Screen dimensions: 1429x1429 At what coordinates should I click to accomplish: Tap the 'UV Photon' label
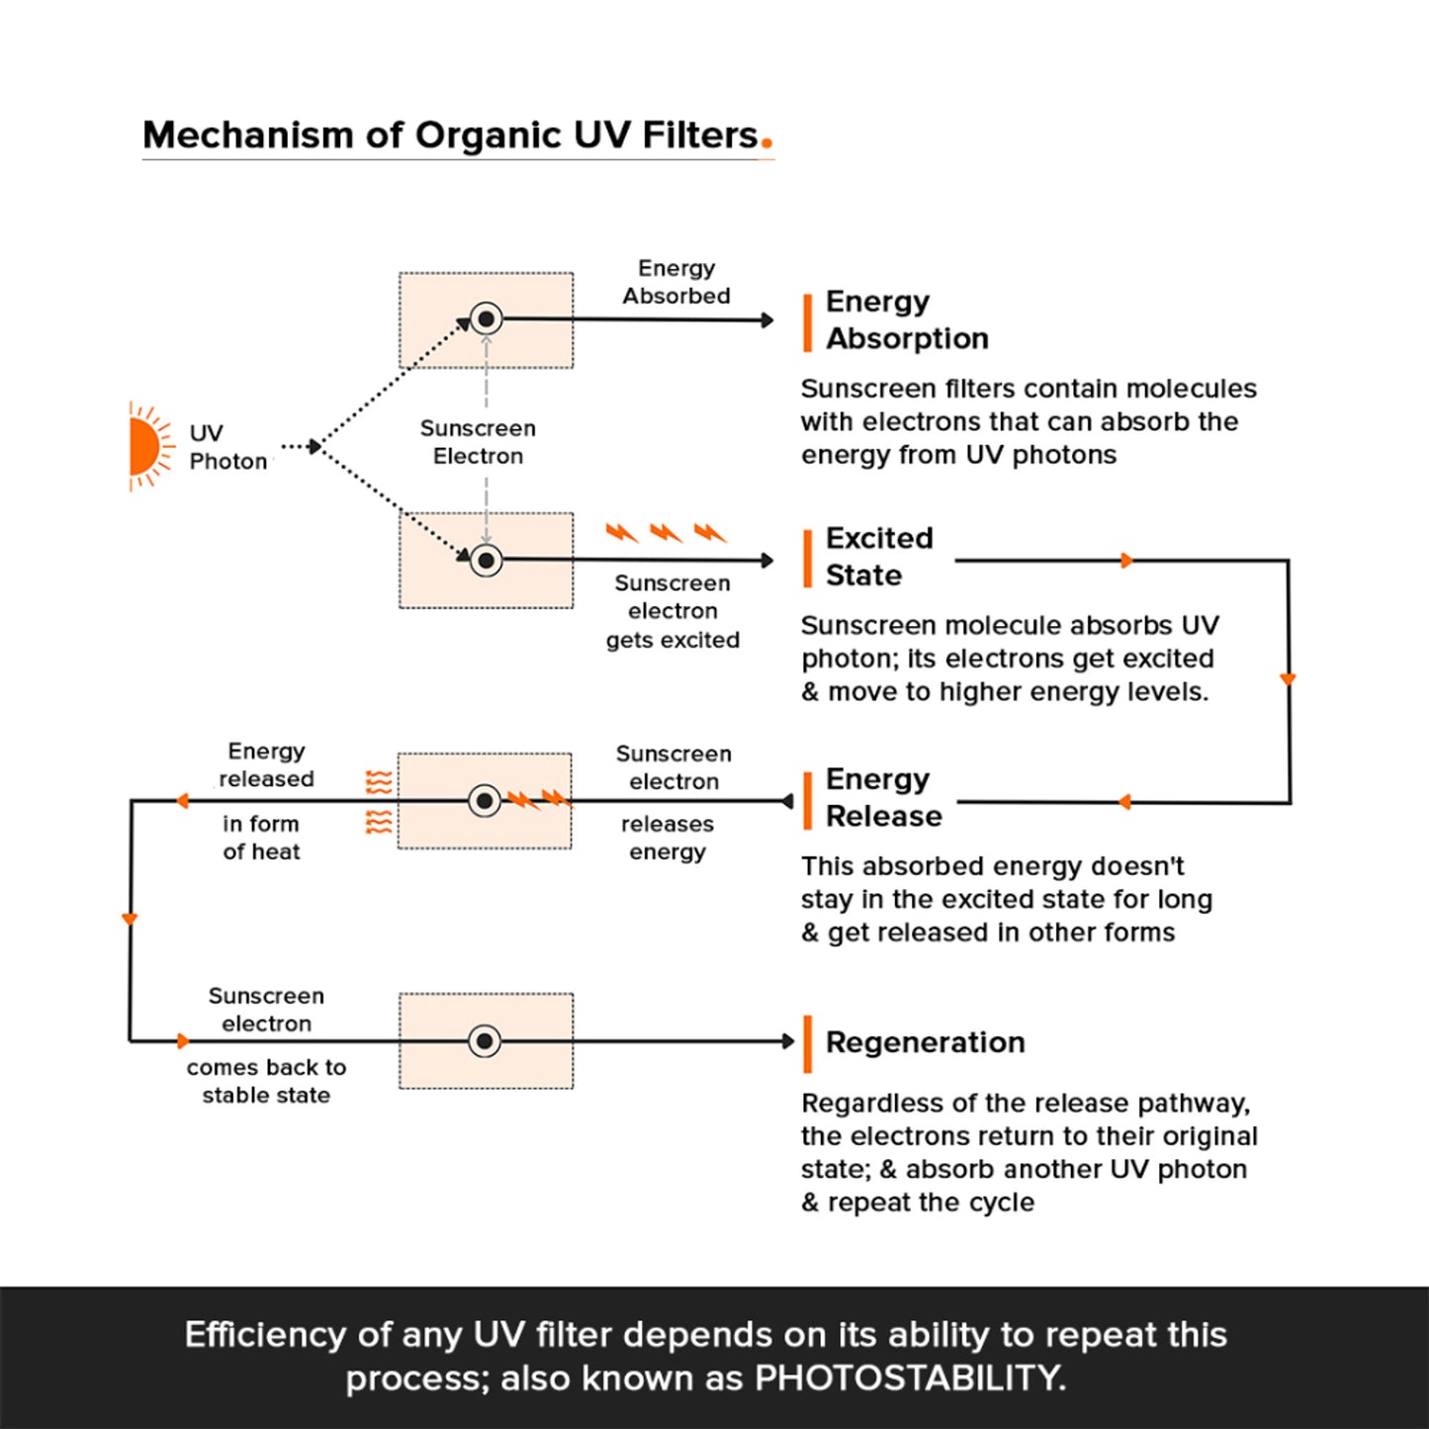[x=227, y=447]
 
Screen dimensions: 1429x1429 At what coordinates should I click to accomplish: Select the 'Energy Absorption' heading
[x=907, y=319]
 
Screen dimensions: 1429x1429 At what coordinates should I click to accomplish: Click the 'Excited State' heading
[x=879, y=556]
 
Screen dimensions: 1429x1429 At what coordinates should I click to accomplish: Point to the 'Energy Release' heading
[x=884, y=797]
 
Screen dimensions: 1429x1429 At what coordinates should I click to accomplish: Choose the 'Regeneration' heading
[x=926, y=1042]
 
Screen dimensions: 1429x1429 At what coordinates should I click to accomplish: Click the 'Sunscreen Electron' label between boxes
[x=478, y=442]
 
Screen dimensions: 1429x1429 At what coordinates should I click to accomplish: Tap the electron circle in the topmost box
[x=487, y=319]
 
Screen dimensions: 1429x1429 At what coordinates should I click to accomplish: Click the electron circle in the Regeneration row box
[x=485, y=1041]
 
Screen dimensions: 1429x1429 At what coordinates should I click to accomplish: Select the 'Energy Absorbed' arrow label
[x=676, y=282]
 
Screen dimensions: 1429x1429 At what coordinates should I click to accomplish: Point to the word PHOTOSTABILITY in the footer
[x=909, y=1378]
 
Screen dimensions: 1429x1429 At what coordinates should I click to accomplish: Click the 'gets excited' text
[x=672, y=640]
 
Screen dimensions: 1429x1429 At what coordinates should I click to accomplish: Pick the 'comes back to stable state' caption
[x=266, y=1081]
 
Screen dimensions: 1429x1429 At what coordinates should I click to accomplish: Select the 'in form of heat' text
[x=261, y=838]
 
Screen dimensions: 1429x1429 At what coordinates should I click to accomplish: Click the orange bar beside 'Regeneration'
[x=808, y=1044]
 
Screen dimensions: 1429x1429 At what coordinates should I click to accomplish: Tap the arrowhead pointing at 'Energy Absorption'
[x=768, y=320]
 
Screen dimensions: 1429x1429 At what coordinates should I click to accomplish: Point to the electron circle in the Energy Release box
[x=485, y=801]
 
